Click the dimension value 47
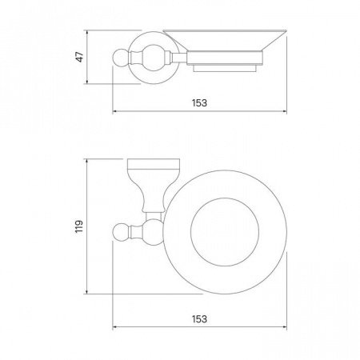(x=80, y=57)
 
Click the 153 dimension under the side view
(x=199, y=103)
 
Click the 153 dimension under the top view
(x=199, y=319)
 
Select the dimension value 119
(x=79, y=226)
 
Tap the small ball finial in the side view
(x=121, y=58)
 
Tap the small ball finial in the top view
(x=121, y=231)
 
